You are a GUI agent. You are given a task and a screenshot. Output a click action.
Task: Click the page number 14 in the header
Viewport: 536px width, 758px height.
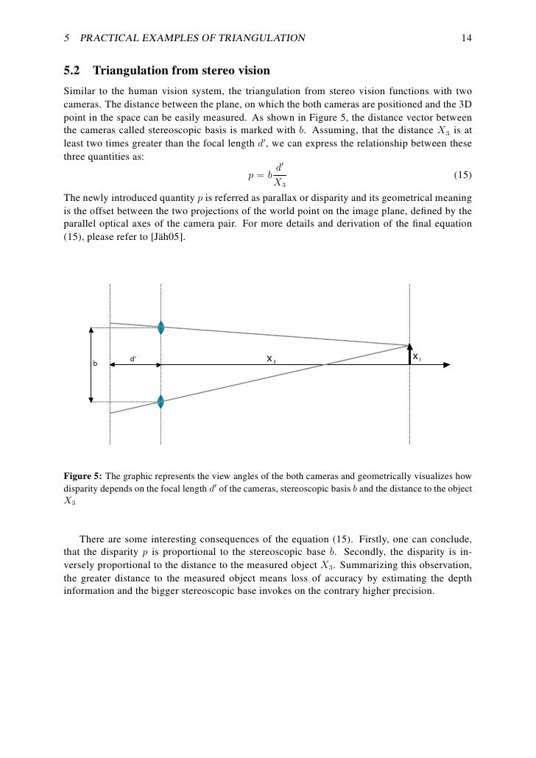pos(466,38)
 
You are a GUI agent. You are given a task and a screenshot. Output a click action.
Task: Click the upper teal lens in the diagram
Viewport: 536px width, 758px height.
pos(161,327)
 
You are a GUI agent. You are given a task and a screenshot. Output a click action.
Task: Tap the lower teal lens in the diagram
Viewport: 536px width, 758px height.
pos(161,401)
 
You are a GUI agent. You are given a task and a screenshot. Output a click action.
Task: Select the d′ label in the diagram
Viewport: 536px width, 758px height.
pos(133,359)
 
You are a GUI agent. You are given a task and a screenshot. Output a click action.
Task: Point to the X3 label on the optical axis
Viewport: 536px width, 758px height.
pos(271,359)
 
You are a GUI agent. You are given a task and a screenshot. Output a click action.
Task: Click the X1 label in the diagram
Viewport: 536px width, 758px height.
pos(417,358)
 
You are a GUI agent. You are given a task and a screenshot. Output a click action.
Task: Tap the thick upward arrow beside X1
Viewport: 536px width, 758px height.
pos(409,354)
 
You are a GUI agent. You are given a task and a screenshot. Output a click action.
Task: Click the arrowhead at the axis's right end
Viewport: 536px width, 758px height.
pos(446,364)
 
